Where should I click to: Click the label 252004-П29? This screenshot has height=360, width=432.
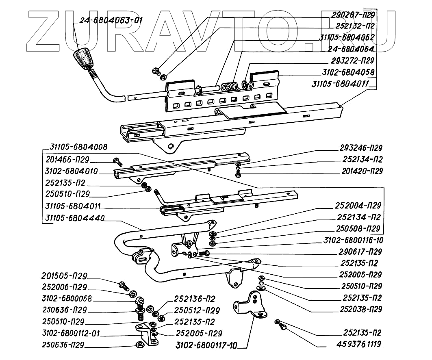(359, 205)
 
